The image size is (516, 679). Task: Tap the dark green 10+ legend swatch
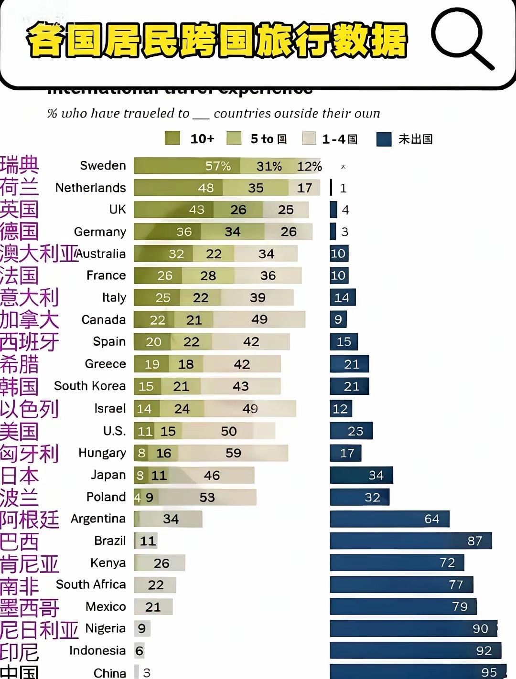tap(172, 138)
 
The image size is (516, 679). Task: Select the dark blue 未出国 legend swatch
tap(384, 139)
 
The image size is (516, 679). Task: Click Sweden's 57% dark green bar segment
tap(187, 166)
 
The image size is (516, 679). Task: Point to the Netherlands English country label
tap(91, 188)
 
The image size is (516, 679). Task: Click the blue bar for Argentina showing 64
tap(389, 519)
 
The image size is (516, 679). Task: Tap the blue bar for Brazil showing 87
tap(410, 541)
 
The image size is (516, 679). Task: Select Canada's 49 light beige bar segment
tap(259, 319)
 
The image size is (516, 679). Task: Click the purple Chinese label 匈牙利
tap(29, 453)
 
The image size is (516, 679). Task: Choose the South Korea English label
tap(90, 386)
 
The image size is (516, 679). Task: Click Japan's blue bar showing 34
tap(361, 475)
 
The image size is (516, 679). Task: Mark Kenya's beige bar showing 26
tap(160, 563)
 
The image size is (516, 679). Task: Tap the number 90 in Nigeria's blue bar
tap(480, 629)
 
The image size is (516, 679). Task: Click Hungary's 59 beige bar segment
tap(233, 453)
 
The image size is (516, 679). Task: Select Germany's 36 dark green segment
tap(167, 232)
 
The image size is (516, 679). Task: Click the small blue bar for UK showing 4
tap(333, 210)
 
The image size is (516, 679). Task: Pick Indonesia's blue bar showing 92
tap(415, 651)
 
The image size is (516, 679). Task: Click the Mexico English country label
tap(106, 606)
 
